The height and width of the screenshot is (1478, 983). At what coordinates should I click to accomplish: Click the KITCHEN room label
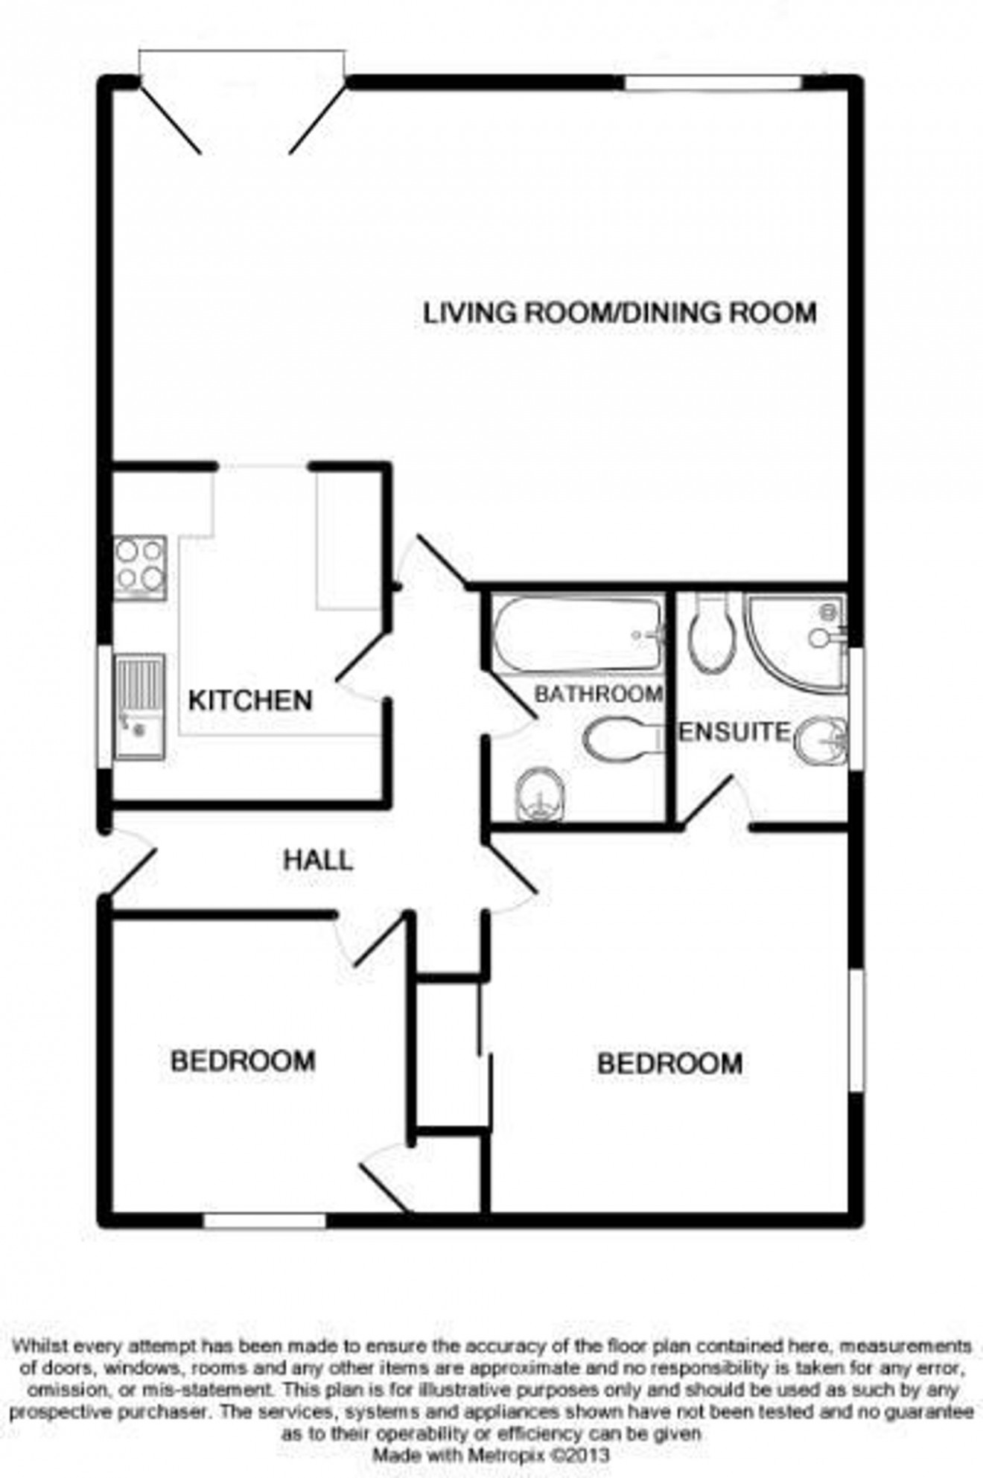(249, 701)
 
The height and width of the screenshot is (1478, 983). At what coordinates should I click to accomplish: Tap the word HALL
(318, 861)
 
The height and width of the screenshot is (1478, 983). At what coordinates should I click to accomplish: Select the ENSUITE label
(734, 733)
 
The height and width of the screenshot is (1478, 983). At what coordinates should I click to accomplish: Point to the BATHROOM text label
(599, 694)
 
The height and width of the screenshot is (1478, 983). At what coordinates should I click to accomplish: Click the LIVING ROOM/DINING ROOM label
(620, 312)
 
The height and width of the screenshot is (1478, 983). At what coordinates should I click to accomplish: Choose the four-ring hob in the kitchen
(139, 567)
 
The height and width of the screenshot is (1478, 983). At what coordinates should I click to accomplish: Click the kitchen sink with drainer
(139, 706)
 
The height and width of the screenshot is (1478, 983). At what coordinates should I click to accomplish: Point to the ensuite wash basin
(820, 741)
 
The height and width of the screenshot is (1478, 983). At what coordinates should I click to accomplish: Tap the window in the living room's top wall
(712, 83)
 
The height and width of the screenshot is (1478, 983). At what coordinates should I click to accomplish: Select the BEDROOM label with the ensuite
(669, 1063)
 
